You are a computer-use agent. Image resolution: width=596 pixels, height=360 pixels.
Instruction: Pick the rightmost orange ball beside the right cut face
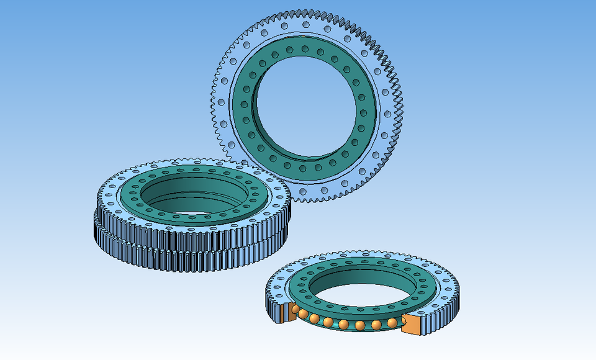click(392, 323)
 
